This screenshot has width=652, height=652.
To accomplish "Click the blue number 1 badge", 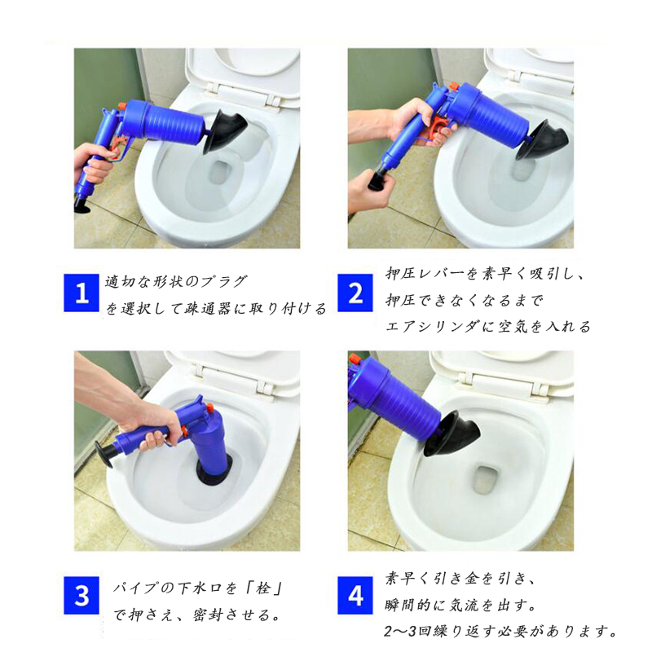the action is click(81, 293).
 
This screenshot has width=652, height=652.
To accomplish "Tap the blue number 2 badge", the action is click(355, 293).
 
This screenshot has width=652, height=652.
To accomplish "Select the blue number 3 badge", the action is click(81, 596).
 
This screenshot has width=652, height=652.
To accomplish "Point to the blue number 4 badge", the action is click(355, 596).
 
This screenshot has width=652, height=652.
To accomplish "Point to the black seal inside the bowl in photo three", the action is click(214, 474).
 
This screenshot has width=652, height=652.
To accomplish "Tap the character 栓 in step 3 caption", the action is click(262, 588).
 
